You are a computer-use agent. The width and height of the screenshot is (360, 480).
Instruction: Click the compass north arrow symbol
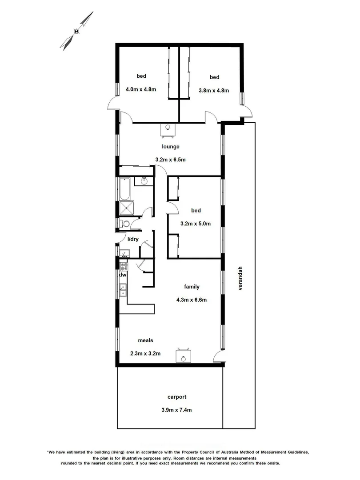coord(77,31)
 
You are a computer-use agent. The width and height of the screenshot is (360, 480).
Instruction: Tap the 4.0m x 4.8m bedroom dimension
coord(141,89)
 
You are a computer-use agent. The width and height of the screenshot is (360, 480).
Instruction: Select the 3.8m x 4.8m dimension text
coord(213,91)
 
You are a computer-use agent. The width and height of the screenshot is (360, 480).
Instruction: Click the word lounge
coord(171,147)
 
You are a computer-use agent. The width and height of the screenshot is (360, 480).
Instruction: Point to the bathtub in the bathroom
coord(124,189)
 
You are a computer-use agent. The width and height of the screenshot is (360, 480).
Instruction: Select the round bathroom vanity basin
coord(144,181)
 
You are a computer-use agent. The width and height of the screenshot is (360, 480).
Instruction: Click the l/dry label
coord(133,239)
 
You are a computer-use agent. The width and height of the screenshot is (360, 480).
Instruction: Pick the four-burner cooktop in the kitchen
coord(124,267)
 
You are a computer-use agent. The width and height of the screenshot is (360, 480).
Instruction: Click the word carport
coord(176,397)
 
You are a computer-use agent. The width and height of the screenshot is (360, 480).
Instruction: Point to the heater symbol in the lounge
coord(168,129)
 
